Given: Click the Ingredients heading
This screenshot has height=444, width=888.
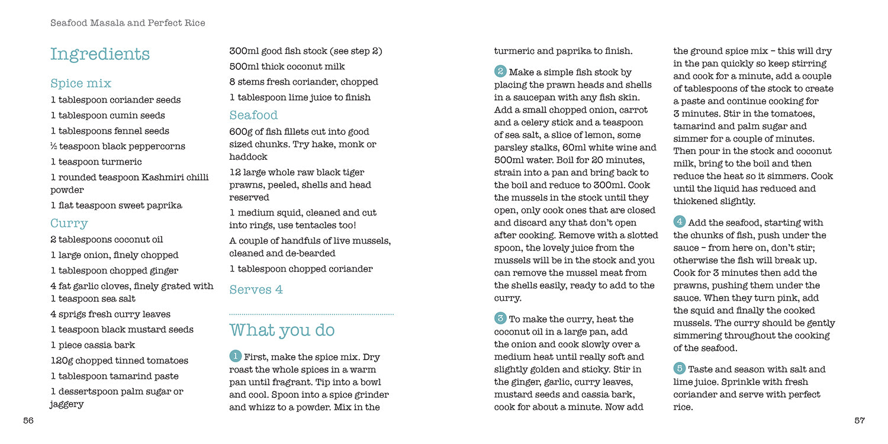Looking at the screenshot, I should coord(99,54).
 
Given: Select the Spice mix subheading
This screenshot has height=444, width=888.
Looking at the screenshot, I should coord(81,83).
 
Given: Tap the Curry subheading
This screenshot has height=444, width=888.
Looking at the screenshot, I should coord(69,223).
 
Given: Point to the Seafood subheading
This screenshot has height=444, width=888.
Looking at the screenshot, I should coord(253,115).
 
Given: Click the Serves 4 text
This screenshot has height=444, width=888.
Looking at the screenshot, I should coord(256,289).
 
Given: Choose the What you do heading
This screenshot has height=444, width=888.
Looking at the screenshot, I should coord(282,330).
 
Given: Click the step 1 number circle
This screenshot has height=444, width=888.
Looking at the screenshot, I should coord(235,356).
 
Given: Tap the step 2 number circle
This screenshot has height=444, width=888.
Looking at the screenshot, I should coord(500,72).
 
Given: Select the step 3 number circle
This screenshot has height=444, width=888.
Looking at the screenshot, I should coord(500,318).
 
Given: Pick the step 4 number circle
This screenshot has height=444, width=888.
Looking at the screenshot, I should coord(680,222).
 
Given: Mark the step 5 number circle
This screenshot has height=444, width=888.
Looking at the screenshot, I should coord(680,368).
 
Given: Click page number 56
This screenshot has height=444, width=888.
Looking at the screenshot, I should coord(28,420).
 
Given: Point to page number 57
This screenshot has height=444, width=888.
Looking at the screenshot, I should coord(860,420).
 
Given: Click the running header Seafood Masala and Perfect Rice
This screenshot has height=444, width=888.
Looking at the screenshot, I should coord(128,23).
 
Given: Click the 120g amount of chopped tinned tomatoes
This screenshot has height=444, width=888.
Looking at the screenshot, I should coord(62,361).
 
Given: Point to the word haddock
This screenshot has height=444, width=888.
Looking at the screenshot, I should coord(248,157).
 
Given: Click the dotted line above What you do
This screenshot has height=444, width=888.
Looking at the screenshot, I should coord(311,314).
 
